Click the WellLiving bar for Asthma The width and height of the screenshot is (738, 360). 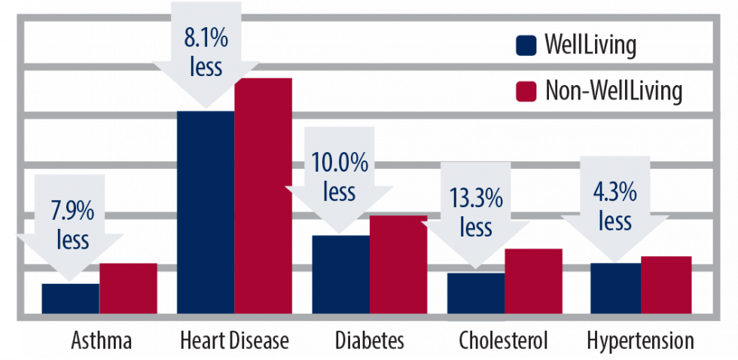(70, 298)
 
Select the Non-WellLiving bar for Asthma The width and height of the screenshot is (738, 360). (128, 288)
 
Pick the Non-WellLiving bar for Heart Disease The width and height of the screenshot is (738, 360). (263, 195)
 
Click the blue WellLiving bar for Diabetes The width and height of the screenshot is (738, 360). (340, 274)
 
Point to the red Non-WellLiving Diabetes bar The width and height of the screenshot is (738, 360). (398, 264)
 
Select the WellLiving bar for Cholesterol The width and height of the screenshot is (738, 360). (475, 293)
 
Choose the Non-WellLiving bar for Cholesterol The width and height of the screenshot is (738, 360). (533, 280)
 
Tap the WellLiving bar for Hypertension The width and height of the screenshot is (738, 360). (614, 288)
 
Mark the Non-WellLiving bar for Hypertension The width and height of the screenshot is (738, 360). (666, 284)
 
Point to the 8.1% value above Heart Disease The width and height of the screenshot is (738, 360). (206, 36)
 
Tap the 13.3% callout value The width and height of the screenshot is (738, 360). (475, 199)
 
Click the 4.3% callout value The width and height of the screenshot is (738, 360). (615, 192)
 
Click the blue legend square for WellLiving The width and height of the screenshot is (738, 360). (526, 45)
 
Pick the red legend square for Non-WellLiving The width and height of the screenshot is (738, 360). (526, 92)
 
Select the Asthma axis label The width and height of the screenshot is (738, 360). (102, 341)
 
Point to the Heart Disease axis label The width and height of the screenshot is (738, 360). (234, 341)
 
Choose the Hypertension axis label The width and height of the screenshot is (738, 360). (640, 341)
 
